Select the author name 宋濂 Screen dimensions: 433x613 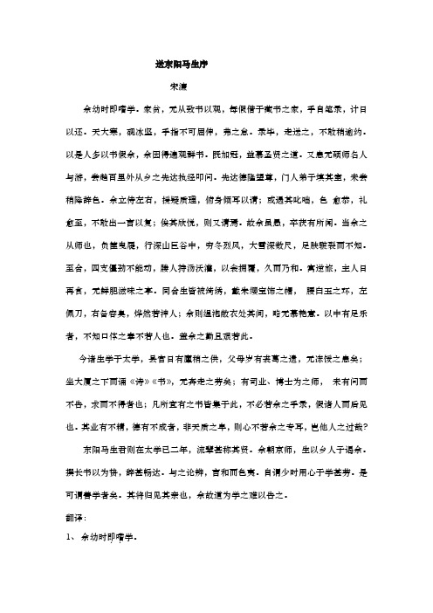[x=177, y=88]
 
